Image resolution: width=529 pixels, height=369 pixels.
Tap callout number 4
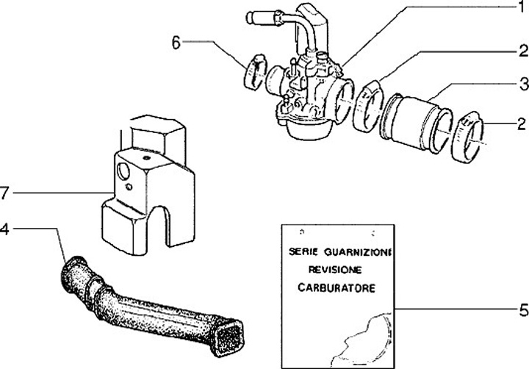tap(6, 229)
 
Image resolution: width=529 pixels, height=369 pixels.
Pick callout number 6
tap(176, 43)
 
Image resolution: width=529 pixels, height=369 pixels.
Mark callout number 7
tap(6, 193)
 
